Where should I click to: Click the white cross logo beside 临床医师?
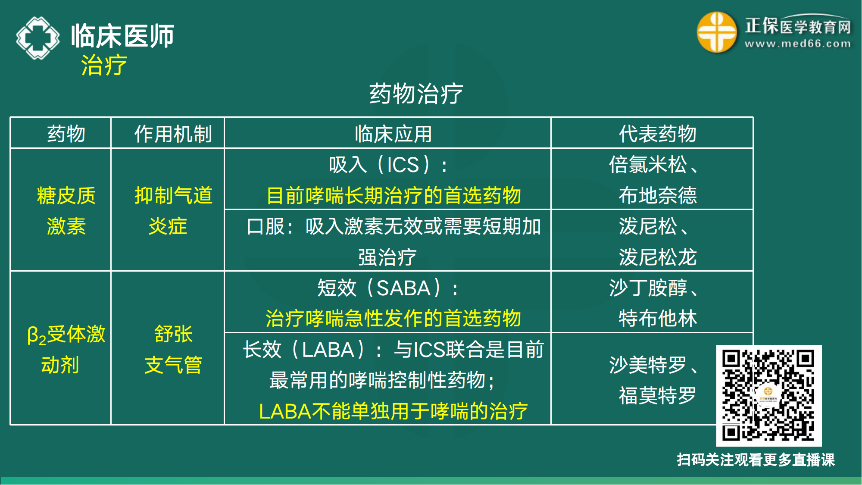pyautogui.click(x=38, y=38)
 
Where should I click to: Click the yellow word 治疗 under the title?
pyautogui.click(x=104, y=66)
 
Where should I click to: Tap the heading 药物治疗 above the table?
pyautogui.click(x=416, y=94)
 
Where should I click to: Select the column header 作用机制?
pyautogui.click(x=173, y=134)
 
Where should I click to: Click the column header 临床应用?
pyautogui.click(x=393, y=134)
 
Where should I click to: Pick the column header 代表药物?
pyautogui.click(x=657, y=134)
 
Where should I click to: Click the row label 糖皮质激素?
pyautogui.click(x=66, y=210)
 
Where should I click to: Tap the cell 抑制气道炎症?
pyautogui.click(x=173, y=210)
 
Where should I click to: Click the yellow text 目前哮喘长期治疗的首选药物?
pyautogui.click(x=394, y=195)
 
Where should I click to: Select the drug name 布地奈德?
pyautogui.click(x=657, y=195)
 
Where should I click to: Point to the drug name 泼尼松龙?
pyautogui.click(x=657, y=257)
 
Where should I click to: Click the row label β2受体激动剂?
pyautogui.click(x=66, y=349)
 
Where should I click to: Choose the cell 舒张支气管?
pyautogui.click(x=173, y=349)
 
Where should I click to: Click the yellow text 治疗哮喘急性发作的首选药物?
pyautogui.click(x=393, y=319)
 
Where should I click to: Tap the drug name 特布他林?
pyautogui.click(x=657, y=319)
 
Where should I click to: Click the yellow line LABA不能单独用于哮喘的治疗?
pyautogui.click(x=393, y=411)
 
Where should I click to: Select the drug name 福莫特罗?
pyautogui.click(x=657, y=395)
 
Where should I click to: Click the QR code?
pyautogui.click(x=768, y=395)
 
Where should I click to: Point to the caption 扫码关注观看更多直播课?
pyautogui.click(x=756, y=460)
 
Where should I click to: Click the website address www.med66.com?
pyautogui.click(x=797, y=44)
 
